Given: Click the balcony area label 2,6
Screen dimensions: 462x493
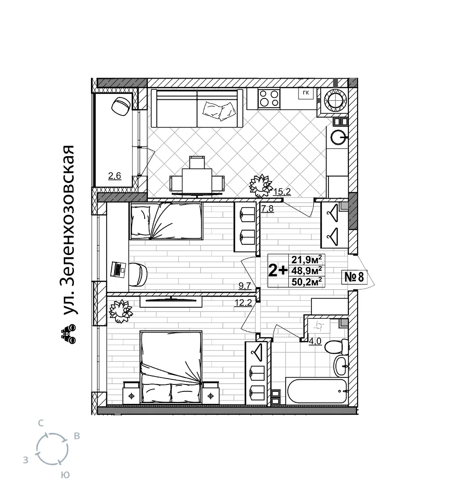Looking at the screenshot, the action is (x=115, y=176).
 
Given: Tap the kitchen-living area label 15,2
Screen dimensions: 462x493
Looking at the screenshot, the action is (x=282, y=191).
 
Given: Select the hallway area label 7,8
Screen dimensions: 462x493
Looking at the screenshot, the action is (x=267, y=209).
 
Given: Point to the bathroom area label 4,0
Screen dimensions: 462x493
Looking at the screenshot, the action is (x=315, y=341).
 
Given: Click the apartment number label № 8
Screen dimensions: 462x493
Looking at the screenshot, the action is (x=354, y=277).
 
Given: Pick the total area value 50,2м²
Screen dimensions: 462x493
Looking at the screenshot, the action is (x=306, y=281).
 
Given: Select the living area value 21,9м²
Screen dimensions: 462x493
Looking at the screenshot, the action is (x=306, y=259).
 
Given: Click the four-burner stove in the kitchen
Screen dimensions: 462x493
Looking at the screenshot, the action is (x=269, y=98).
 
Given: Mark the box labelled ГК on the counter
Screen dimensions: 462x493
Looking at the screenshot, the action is (x=306, y=93).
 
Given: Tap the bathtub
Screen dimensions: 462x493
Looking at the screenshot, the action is (x=317, y=391).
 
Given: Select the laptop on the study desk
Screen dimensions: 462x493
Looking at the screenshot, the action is (x=118, y=269).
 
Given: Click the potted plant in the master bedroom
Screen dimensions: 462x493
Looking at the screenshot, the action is (x=121, y=311).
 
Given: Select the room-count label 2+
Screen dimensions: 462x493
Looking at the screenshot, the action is (x=278, y=270).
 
